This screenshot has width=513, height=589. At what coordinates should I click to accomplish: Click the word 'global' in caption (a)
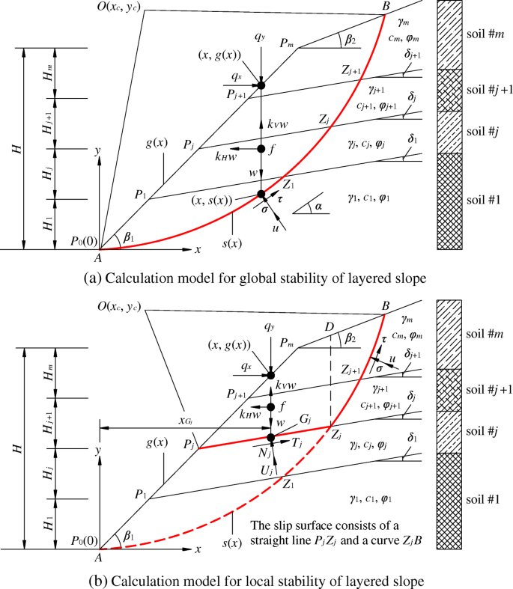254,277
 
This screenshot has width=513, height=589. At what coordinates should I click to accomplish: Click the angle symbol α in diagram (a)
318,204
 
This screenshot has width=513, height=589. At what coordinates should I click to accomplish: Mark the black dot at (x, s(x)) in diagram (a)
261,195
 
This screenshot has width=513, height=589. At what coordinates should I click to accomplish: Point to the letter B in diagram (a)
386,7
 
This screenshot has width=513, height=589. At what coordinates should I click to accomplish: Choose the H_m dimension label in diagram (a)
46,73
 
